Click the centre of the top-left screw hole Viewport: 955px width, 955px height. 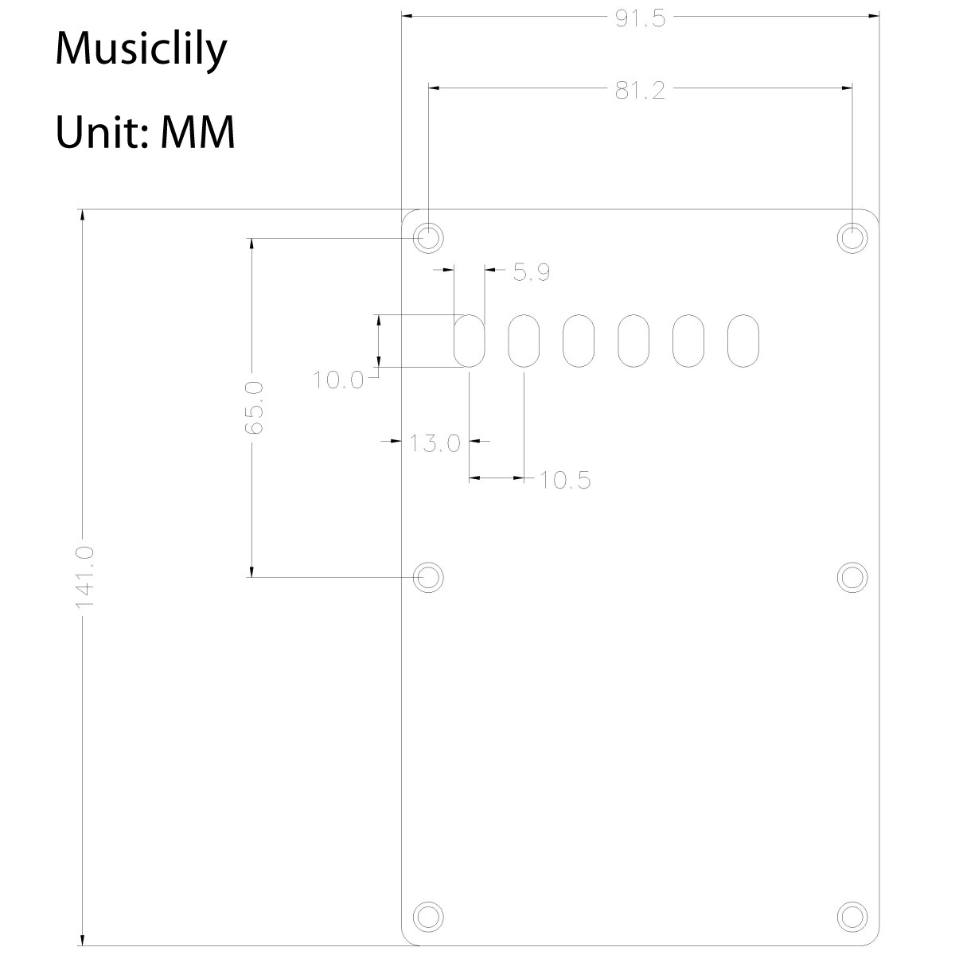428,238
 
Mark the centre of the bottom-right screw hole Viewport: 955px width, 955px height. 852,916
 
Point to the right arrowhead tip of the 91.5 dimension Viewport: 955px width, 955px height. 879,16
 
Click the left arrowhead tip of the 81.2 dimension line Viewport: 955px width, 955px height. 429,88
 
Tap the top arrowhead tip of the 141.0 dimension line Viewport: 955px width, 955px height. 82,209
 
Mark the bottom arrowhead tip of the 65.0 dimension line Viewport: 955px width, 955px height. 251,577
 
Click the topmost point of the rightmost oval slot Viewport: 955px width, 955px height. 743,314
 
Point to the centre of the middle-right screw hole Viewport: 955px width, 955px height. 852,577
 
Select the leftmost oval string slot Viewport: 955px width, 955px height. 470,341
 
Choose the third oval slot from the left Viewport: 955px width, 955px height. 579,341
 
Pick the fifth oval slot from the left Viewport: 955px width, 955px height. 688,341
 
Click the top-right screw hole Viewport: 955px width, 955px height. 852,238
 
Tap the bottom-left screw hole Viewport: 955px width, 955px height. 428,916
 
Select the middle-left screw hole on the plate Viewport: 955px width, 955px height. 428,577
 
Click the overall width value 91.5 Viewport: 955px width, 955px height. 640,18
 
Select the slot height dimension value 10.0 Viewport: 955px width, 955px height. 338,380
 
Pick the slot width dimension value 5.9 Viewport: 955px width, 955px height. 532,272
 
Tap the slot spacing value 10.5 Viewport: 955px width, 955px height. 565,480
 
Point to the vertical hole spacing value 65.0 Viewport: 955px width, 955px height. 254,408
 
